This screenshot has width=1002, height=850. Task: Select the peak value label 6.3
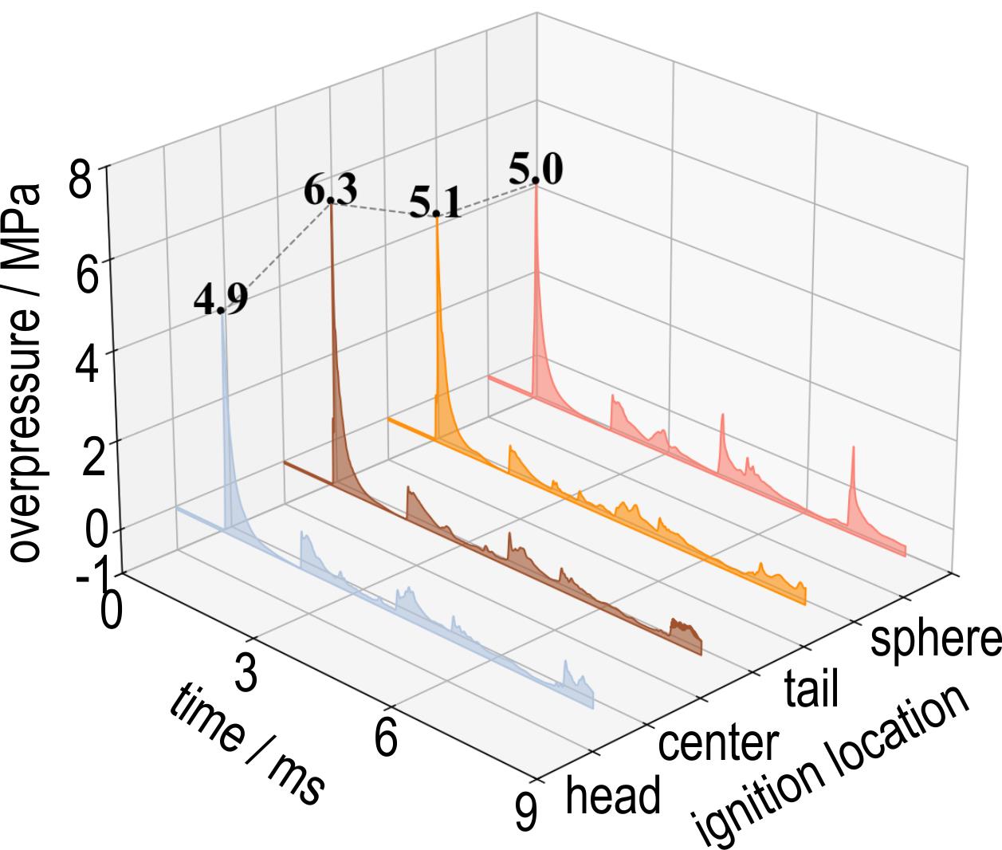tap(331, 191)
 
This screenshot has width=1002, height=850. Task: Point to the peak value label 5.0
tap(535, 171)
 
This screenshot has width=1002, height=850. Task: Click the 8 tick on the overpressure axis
tap(80, 181)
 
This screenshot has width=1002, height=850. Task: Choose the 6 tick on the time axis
tap(386, 739)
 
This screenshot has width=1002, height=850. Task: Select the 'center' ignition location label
tap(717, 742)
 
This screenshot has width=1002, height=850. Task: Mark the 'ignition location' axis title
tap(833, 766)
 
